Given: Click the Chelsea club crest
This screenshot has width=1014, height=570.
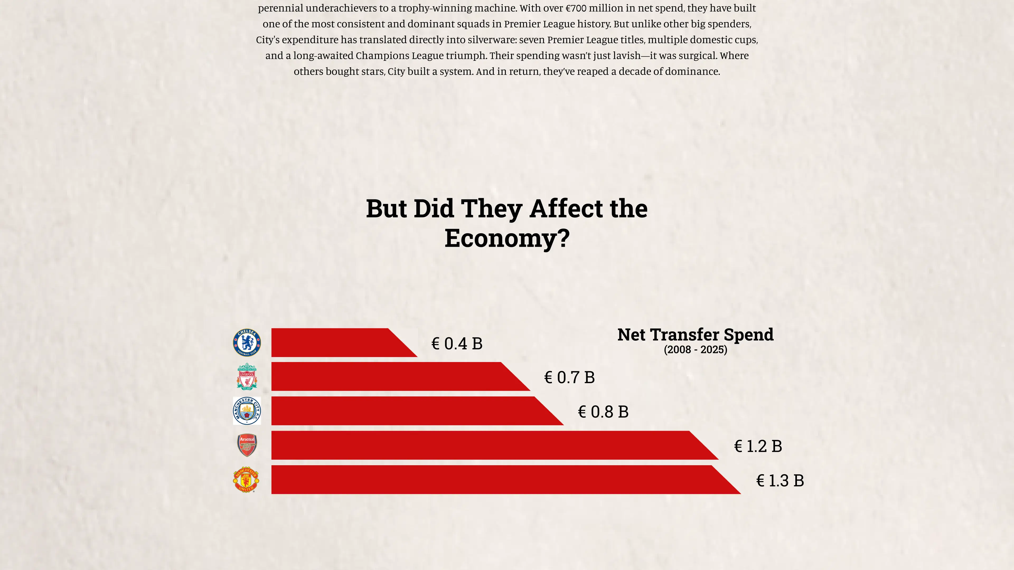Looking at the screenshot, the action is click(x=247, y=343).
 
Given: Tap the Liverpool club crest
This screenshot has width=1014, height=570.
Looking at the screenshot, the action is click(x=247, y=377).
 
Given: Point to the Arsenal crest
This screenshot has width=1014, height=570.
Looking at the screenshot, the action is click(x=247, y=445).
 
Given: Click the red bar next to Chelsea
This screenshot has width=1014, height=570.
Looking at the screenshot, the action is click(x=339, y=343).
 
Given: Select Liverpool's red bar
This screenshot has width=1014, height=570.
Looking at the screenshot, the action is click(x=394, y=377).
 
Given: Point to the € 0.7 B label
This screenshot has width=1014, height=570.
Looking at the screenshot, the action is click(x=569, y=378).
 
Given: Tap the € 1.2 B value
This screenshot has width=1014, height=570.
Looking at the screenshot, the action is click(x=758, y=446).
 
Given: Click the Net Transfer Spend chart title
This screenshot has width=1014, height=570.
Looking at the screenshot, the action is click(x=696, y=335).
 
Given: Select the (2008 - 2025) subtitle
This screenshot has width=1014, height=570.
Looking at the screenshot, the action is click(x=696, y=350).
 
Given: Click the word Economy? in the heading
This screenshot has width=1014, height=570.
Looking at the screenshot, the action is click(x=507, y=238).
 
